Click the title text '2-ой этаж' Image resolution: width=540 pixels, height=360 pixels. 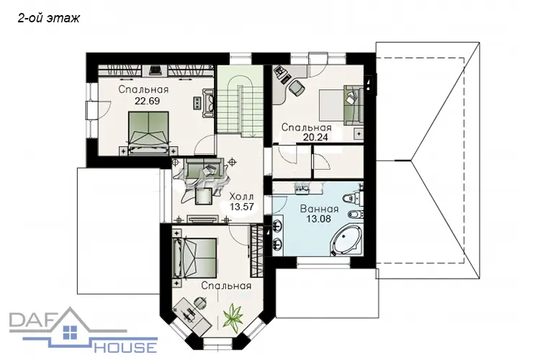48,18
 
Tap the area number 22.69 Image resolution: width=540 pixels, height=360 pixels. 147,102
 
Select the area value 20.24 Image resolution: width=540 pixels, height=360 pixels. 315,137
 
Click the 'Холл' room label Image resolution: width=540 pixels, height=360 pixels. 241,197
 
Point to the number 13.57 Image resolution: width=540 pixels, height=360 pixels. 242,207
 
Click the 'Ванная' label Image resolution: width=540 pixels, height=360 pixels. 319,209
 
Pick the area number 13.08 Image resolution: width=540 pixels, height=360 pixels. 318,218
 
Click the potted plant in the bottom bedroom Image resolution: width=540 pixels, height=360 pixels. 233,315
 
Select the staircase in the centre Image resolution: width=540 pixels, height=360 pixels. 240,101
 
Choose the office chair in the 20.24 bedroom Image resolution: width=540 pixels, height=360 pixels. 297,88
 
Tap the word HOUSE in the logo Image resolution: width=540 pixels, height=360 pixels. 125,346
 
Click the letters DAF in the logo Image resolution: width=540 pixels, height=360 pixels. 33,320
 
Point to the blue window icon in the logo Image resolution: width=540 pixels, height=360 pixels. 71,333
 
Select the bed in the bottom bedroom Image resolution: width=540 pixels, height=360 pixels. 195,258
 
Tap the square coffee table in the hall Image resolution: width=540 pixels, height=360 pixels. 204,197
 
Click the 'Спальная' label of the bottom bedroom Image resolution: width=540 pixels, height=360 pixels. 227,286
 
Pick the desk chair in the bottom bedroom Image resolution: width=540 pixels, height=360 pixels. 200,302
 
